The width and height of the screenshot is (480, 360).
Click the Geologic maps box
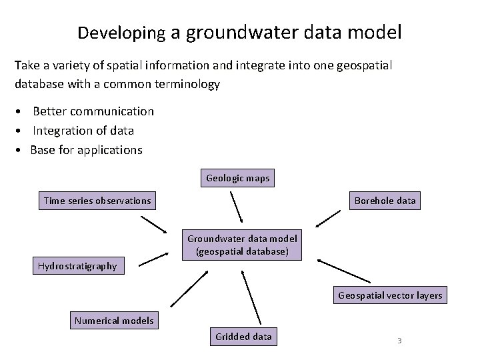coord(238,179)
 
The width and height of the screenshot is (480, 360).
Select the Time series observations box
coord(97,201)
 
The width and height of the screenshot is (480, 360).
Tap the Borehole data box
coord(385,201)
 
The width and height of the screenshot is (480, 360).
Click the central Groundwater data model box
coord(242,245)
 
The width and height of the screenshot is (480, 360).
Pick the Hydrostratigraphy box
coord(77,266)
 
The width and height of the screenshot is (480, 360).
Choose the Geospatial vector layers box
coord(390,295)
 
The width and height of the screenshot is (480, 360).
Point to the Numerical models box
coord(114,321)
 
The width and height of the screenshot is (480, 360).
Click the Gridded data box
coord(243,337)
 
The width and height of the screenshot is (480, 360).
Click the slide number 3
coord(399,341)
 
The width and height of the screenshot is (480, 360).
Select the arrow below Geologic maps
coord(237,207)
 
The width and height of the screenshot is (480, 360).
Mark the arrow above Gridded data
coord(250,297)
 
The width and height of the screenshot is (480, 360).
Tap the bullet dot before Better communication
coord(23,111)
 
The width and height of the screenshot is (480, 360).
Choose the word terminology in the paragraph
coord(196,85)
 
